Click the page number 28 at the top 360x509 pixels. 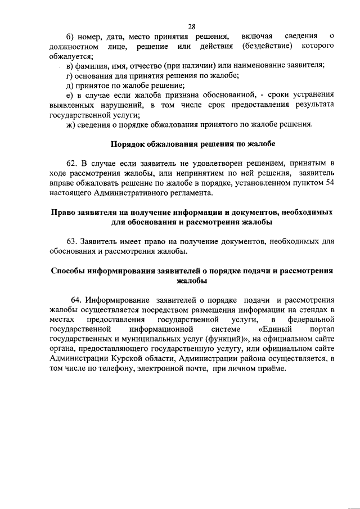[191, 26]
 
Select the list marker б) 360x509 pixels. [70, 37]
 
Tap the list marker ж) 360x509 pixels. [70, 124]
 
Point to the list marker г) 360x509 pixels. [70, 75]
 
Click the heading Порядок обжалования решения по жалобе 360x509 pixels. [193, 144]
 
